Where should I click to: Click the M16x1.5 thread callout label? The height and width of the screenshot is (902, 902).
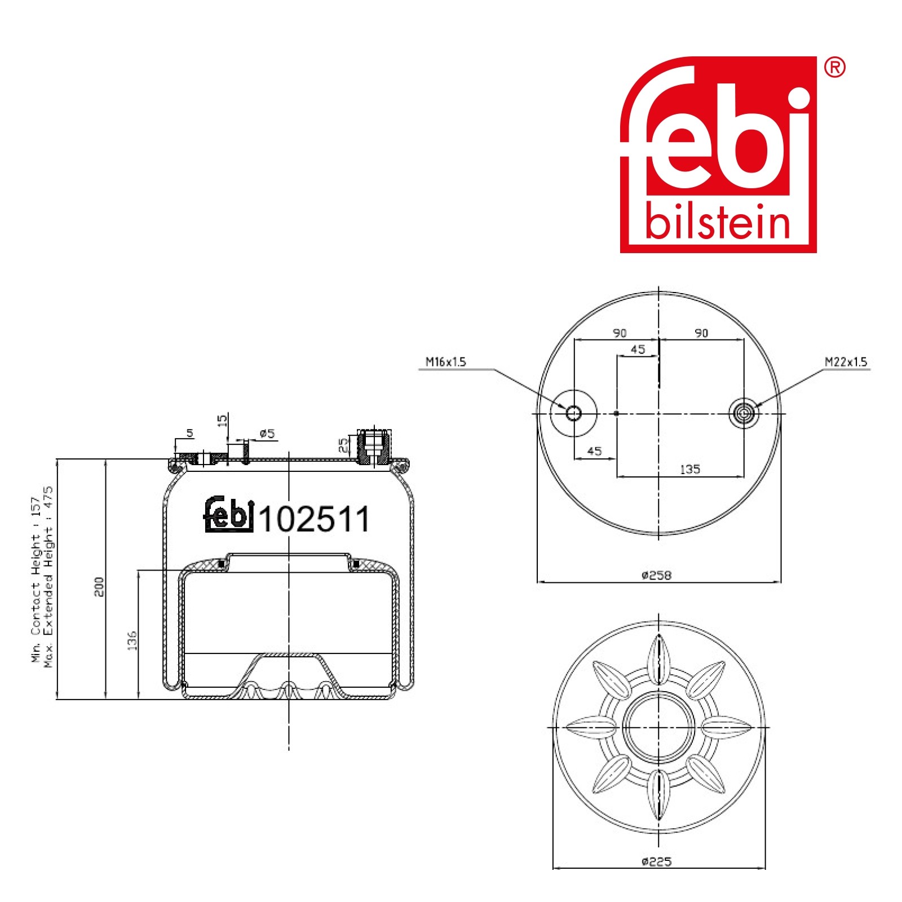(x=446, y=362)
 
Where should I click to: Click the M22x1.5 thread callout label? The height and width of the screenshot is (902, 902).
(x=846, y=362)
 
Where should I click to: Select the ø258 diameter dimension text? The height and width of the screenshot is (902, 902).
(x=657, y=575)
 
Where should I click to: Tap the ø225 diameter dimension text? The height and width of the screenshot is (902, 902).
(x=657, y=861)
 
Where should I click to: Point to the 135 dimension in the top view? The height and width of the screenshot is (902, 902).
(x=690, y=469)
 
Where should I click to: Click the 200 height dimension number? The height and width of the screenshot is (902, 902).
(x=99, y=587)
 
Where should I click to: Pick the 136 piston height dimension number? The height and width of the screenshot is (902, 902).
(x=132, y=640)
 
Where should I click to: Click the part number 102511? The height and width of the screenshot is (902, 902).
(x=314, y=519)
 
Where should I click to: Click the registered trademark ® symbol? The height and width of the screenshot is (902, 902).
(x=834, y=67)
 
